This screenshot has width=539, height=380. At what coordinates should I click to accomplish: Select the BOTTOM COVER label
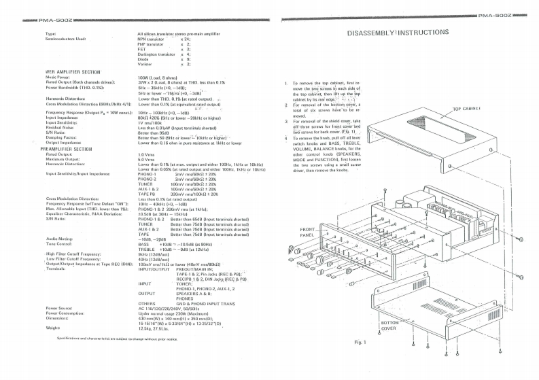pos(388,325)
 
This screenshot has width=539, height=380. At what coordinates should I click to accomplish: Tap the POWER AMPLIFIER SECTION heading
pos(72,71)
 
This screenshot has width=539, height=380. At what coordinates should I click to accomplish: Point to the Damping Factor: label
pos(61,137)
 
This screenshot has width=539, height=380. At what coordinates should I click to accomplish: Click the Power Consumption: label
pos(67,312)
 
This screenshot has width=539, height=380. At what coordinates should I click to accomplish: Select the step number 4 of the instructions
pos(286,138)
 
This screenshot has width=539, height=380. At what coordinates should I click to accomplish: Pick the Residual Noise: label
pos(59,127)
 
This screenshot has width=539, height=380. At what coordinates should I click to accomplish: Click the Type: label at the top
pos(50,33)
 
